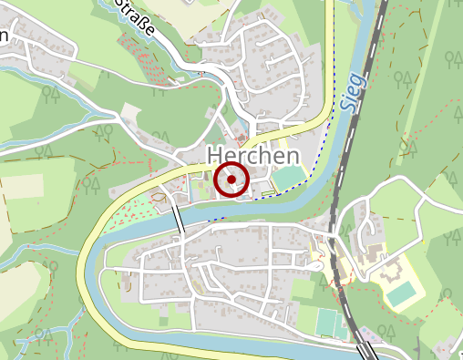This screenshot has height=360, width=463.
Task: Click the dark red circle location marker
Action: click(x=231, y=180)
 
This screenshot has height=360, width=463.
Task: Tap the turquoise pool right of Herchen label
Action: click(x=288, y=176)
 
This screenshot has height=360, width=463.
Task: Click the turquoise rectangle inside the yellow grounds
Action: click(x=402, y=293)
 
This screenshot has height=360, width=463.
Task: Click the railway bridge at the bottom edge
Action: click(x=368, y=351)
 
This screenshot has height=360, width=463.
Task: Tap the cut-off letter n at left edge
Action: click(x=4, y=36)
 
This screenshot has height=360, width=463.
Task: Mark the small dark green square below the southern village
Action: click(x=163, y=321)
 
